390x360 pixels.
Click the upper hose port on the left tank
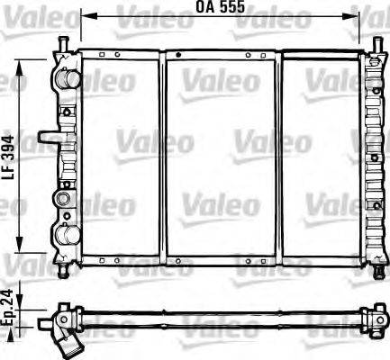66,78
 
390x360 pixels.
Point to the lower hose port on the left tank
65,236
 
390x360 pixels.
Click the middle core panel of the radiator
220,152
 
